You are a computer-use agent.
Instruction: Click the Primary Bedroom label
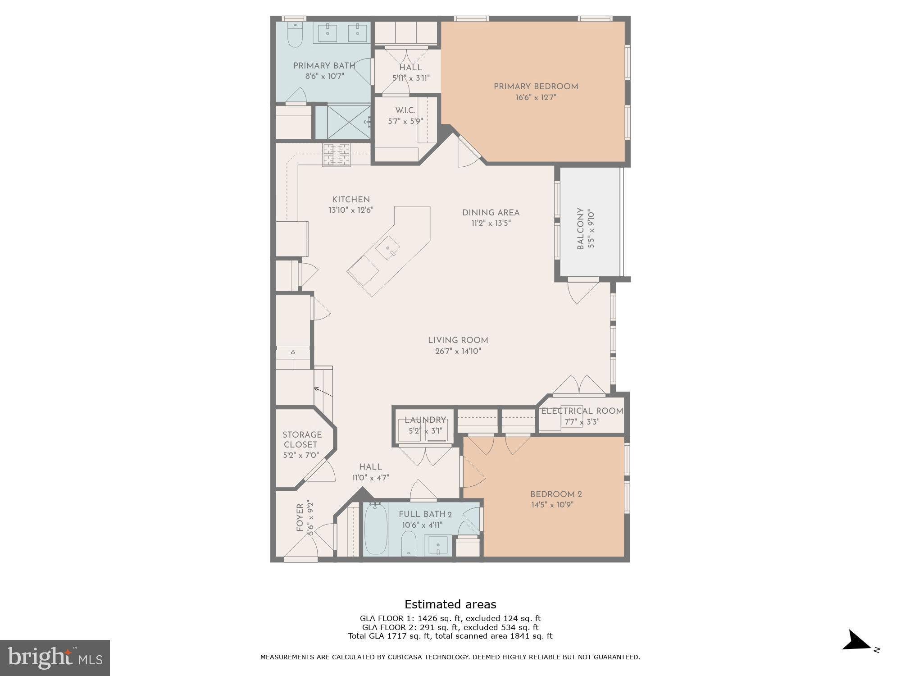pos(536,87)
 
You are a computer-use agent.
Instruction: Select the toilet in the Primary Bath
pos(296,36)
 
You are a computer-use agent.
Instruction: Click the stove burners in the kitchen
pos(336,155)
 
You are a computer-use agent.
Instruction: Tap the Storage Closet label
pos(302,439)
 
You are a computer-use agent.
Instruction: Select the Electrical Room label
pos(582,411)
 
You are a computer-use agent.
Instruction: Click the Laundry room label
pos(425,420)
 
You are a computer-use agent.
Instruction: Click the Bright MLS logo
pos(55,658)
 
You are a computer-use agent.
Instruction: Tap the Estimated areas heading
pos(450,604)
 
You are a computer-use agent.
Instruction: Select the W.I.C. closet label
pos(405,110)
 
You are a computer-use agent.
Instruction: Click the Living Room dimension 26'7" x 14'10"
pos(458,351)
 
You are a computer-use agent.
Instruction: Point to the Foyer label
pos(300,517)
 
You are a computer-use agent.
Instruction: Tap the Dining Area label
pos(491,213)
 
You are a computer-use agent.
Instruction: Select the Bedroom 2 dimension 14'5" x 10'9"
pos(552,505)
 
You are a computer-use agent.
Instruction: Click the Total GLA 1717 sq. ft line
pos(450,636)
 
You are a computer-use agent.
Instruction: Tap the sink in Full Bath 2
pos(437,546)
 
